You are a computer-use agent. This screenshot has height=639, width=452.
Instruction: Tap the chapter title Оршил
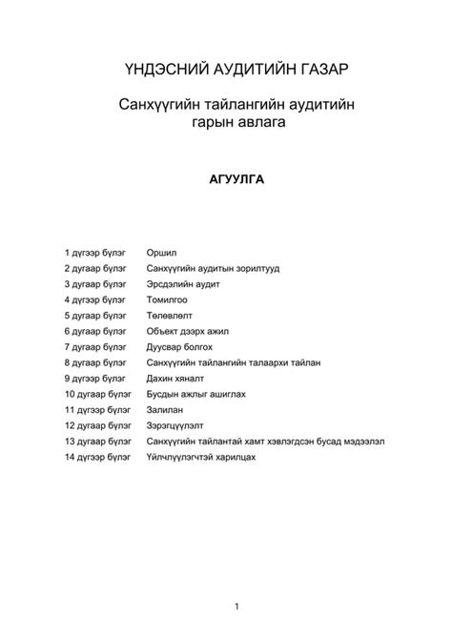pyautogui.click(x=160, y=253)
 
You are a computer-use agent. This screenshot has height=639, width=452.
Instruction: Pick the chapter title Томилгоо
pyautogui.click(x=167, y=299)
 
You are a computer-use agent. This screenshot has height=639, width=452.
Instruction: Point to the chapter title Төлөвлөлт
pyautogui.click(x=169, y=316)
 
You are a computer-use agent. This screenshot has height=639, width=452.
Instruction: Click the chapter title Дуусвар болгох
pyautogui.click(x=179, y=347)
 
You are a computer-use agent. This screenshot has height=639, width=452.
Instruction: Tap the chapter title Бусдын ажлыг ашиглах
pyautogui.click(x=197, y=394)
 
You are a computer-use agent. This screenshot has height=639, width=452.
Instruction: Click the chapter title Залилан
pyautogui.click(x=165, y=410)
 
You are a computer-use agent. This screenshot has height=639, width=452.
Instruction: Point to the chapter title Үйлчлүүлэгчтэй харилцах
pyautogui.click(x=201, y=457)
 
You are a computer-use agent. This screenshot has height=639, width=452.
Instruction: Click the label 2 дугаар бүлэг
pyautogui.click(x=95, y=269)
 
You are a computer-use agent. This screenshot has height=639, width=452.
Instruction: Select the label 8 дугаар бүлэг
pyautogui.click(x=95, y=363)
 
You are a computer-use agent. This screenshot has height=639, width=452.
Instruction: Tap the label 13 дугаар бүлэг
pyautogui.click(x=98, y=442)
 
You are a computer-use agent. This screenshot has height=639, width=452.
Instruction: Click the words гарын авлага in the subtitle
pyautogui.click(x=225, y=122)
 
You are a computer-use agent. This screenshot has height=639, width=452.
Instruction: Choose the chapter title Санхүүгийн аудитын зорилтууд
pyautogui.click(x=213, y=269)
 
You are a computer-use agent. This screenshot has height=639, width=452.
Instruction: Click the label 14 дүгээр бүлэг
pyautogui.click(x=98, y=457)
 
